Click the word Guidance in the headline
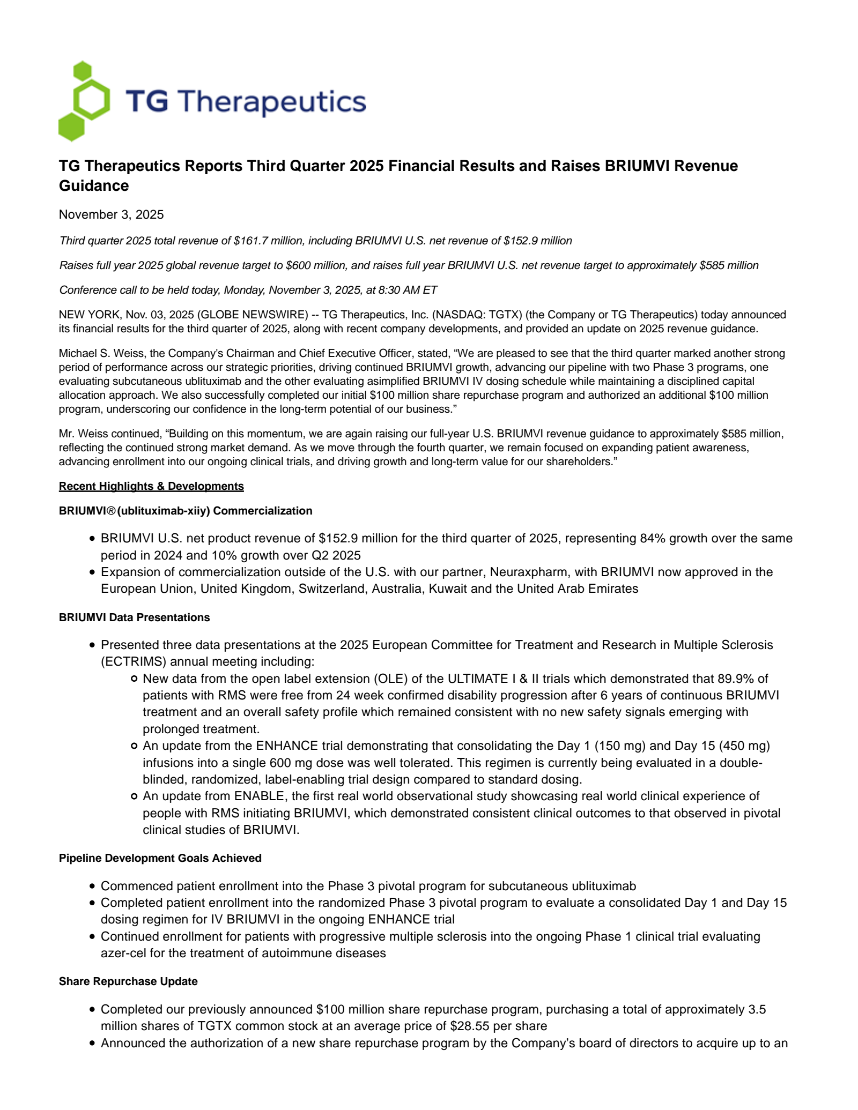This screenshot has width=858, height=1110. [x=94, y=186]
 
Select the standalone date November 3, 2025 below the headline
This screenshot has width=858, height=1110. [x=111, y=215]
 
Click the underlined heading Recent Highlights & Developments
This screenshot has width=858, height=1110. [x=151, y=486]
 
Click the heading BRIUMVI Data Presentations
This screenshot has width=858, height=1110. [x=134, y=618]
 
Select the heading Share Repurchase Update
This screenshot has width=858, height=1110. [x=128, y=982]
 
